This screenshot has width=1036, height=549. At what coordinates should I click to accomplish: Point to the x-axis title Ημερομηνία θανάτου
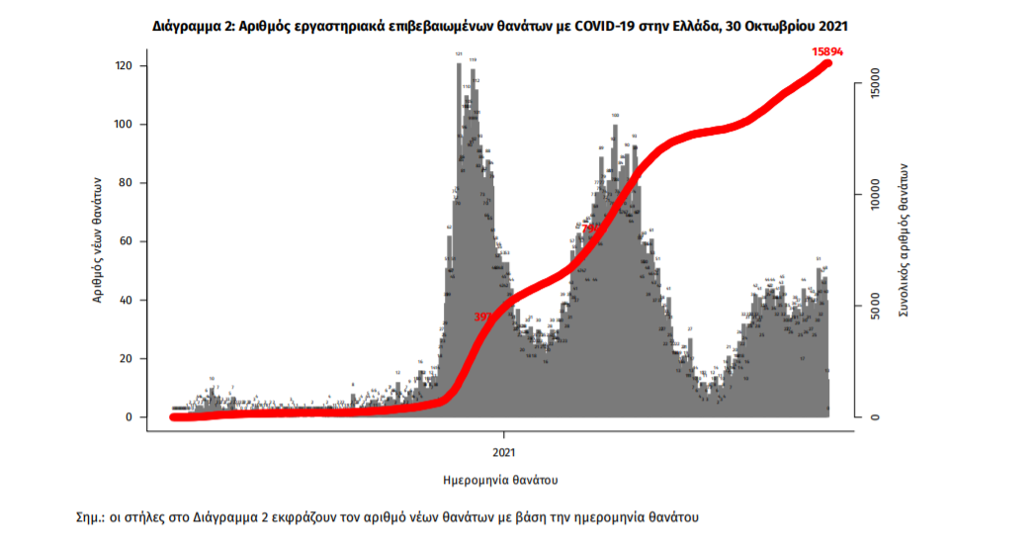(503, 480)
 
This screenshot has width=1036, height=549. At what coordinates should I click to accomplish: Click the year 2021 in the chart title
(832, 24)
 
